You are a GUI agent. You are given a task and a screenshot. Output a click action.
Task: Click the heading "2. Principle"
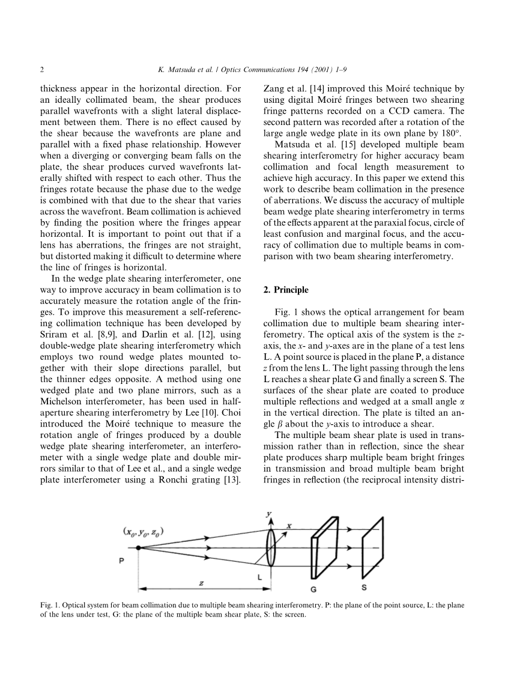[286, 290]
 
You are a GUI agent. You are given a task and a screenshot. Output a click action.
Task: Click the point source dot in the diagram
[138, 547]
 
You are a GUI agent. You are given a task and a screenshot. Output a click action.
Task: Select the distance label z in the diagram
[201, 582]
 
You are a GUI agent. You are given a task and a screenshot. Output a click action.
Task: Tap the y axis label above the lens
[268, 514]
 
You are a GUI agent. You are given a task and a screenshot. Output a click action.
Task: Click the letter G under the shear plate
[313, 589]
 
